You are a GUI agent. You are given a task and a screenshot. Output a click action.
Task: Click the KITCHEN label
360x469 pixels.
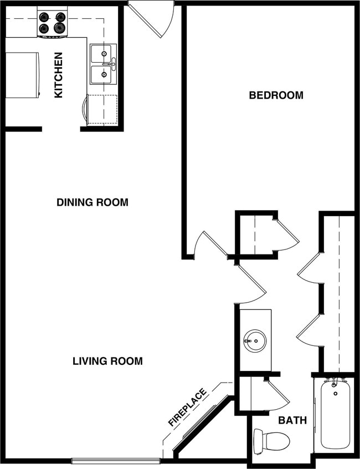(58, 75)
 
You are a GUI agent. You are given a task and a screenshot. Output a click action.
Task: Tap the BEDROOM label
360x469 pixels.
(276, 95)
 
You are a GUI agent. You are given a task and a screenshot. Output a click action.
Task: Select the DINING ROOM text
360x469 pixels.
(92, 202)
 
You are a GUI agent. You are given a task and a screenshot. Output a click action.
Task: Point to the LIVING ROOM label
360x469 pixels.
(107, 361)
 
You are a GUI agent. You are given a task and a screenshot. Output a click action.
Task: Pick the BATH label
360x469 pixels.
(292, 420)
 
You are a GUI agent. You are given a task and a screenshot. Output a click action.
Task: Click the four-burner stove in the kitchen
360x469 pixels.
(52, 22)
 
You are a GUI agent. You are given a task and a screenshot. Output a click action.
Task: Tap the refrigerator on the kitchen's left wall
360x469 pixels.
(22, 75)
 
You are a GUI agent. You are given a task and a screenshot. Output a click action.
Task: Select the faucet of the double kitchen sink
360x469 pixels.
(112, 64)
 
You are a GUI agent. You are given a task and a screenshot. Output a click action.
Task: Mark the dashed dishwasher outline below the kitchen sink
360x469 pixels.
(102, 109)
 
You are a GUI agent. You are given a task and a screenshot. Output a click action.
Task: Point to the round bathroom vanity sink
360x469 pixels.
(255, 340)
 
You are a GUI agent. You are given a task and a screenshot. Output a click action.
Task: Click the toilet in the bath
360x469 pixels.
(272, 441)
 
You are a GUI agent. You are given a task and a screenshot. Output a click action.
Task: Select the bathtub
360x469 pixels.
(335, 414)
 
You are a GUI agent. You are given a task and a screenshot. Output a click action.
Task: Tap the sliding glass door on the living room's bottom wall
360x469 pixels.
(116, 460)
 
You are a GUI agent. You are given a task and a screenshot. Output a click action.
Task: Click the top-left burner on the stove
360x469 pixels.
(44, 17)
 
